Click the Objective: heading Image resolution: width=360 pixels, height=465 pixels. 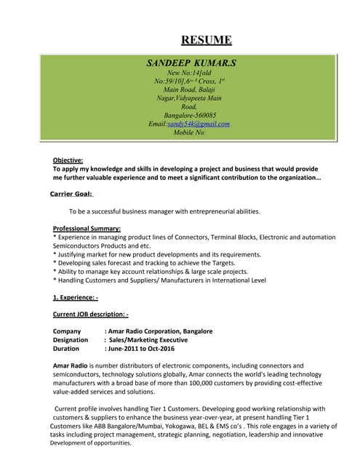tap(68, 160)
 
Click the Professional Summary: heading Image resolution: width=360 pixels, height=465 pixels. tap(87, 229)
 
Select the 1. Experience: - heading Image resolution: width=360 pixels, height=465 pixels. tap(75, 297)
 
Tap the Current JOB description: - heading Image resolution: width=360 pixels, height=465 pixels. tap(90, 314)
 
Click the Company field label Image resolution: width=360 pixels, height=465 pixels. tap(67, 331)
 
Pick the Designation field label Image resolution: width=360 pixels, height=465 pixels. tap(71, 339)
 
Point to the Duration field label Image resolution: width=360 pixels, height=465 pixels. tap(67, 348)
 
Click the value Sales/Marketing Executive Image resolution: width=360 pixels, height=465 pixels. tap(148, 339)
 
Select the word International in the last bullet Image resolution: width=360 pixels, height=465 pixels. tap(226, 280)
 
